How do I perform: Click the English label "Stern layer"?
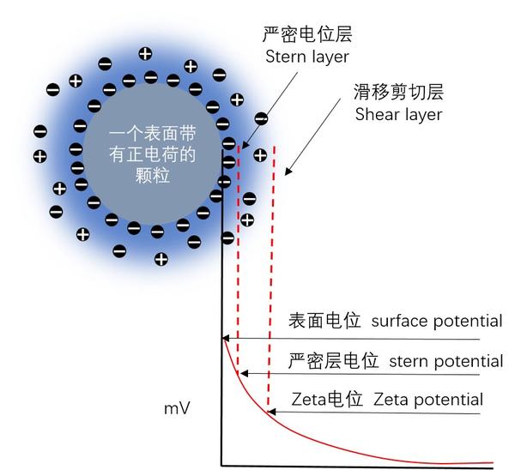(306, 57)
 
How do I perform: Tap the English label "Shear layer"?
(398, 115)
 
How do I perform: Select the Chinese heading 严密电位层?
(307, 34)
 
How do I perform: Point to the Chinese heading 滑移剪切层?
(398, 92)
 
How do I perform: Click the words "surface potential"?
(437, 322)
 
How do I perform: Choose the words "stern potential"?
(446, 361)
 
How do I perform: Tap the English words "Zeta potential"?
(428, 400)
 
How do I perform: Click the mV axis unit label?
(177, 408)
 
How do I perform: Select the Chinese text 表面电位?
(324, 321)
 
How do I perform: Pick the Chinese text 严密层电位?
(333, 361)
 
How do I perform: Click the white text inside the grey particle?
(153, 154)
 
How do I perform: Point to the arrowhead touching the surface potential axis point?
(226, 339)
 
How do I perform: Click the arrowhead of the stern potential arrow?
(245, 373)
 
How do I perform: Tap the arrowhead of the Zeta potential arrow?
(272, 412)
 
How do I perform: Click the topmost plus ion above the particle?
(145, 53)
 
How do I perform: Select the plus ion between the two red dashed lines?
(260, 155)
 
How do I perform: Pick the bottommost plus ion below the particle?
(161, 259)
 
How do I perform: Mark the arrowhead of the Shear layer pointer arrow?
(288, 172)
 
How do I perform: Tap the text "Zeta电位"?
(327, 400)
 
